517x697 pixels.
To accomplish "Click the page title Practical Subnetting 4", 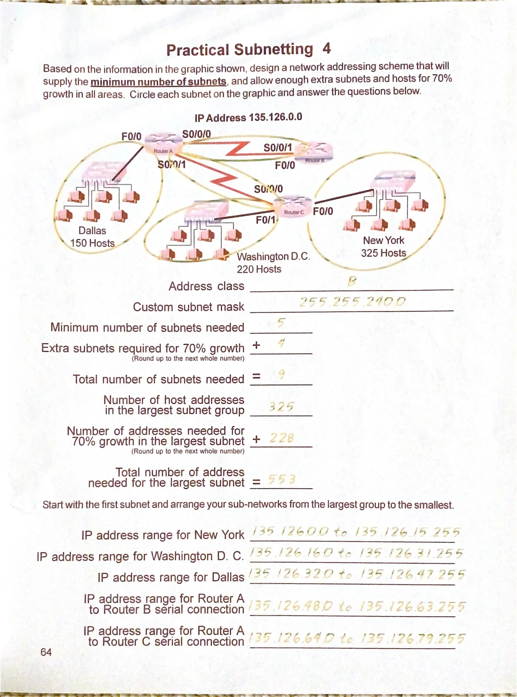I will pyautogui.click(x=248, y=50).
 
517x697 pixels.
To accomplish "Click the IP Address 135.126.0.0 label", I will pyautogui.click(x=248, y=117).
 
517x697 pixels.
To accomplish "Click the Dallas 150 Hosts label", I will pyautogui.click(x=92, y=237).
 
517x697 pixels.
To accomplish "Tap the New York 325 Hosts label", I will pyautogui.click(x=383, y=246).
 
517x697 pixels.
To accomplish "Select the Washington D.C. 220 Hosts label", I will pyautogui.click(x=273, y=263).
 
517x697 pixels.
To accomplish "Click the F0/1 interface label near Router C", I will pyautogui.click(x=265, y=220).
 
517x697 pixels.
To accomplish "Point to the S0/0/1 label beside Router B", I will pyautogui.click(x=277, y=148).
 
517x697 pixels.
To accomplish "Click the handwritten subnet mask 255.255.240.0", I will pyautogui.click(x=352, y=301).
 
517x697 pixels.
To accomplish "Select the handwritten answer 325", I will pyautogui.click(x=281, y=406).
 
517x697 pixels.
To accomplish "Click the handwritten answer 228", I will pyautogui.click(x=282, y=438).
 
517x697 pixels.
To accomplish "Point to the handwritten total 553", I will pyautogui.click(x=281, y=479).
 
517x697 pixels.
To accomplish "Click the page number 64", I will pyautogui.click(x=46, y=652).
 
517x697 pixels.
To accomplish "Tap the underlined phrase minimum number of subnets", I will pyautogui.click(x=158, y=82).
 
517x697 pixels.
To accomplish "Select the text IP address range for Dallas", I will pyautogui.click(x=171, y=577).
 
